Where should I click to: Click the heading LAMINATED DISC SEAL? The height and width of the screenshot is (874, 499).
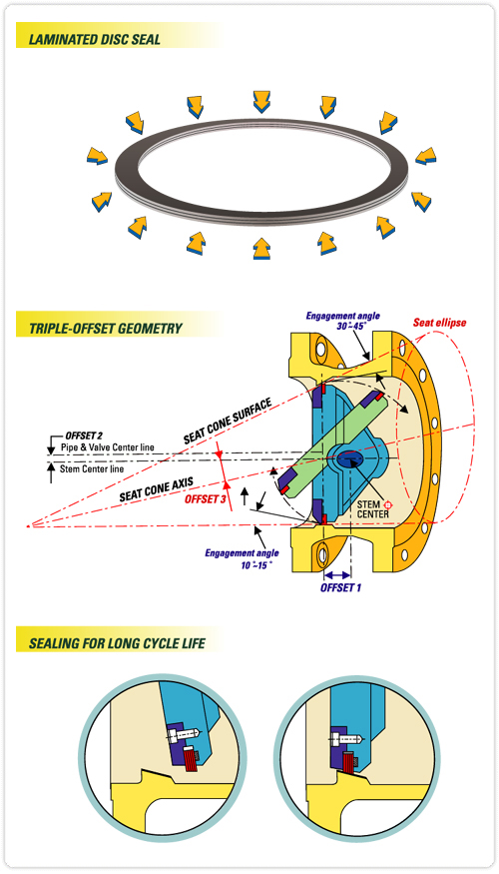pos(95,40)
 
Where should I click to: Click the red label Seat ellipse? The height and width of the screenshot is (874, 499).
pos(439,323)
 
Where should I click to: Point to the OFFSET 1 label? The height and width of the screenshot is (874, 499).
pos(340,587)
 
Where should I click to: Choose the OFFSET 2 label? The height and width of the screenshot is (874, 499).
pos(84,435)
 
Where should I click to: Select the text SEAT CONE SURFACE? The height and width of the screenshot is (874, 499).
pos(228,421)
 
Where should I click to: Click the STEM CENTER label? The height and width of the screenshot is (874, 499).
pos(373,509)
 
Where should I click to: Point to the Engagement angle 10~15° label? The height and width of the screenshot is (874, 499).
pos(242,558)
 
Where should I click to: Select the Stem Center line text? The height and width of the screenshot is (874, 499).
pos(92,468)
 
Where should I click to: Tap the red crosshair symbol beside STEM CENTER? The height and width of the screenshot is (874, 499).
pos(389,504)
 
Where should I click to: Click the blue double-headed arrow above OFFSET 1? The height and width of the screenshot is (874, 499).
pos(337,574)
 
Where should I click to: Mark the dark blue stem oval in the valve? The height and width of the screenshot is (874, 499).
pos(349,459)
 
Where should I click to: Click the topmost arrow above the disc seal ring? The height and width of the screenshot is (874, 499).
pos(261,102)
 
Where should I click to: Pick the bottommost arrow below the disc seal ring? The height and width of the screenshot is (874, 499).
pos(261,249)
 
